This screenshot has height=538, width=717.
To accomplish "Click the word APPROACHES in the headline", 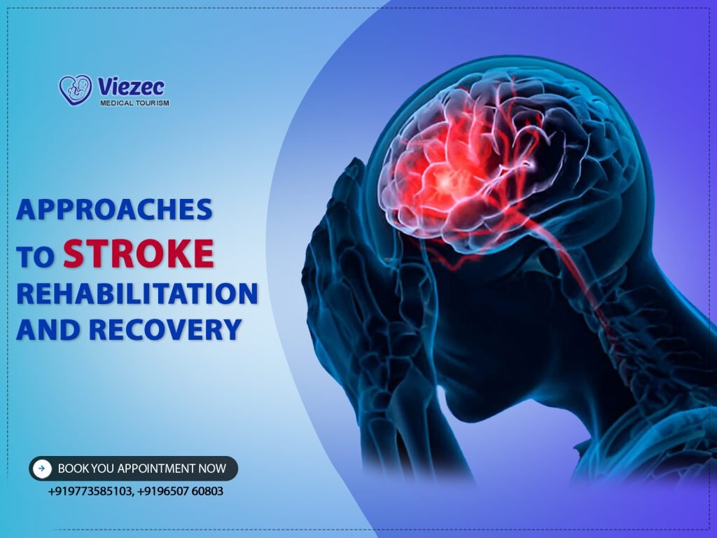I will click(x=114, y=210).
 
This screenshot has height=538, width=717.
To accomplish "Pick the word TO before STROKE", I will click(x=36, y=257).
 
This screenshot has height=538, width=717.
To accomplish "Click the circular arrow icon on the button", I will click(x=43, y=468).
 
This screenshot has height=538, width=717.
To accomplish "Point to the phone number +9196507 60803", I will click(x=181, y=491).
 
